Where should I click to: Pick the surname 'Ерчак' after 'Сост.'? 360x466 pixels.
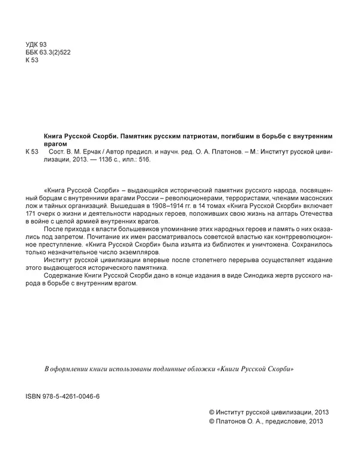tap(88, 153)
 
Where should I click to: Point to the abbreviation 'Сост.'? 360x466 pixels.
tap(55, 153)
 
